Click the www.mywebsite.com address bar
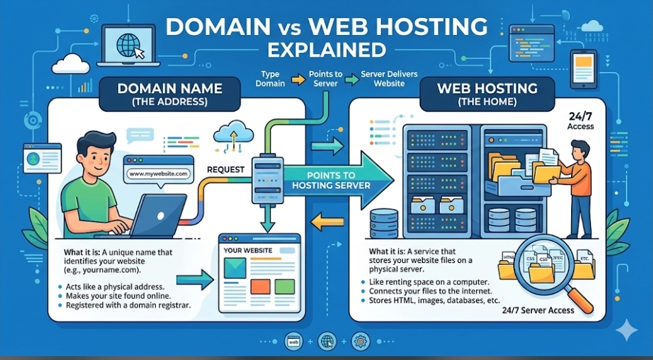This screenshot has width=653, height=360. pyautogui.click(x=158, y=174)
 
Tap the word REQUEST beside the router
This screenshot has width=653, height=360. pyautogui.click(x=226, y=170)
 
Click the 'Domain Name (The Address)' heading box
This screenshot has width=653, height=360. pyautogui.click(x=170, y=94)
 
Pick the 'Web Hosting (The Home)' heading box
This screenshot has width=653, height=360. pyautogui.click(x=487, y=94)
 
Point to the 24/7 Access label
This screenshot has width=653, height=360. pyautogui.click(x=580, y=121)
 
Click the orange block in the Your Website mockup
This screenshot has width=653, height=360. pyautogui.click(x=260, y=287)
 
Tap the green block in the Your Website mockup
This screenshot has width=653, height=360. pyautogui.click(x=285, y=287)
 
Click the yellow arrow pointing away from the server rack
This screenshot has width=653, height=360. pyautogui.click(x=327, y=221)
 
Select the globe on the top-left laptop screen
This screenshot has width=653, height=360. pyautogui.click(x=128, y=45)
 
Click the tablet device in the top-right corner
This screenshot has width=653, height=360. pyautogui.click(x=584, y=69)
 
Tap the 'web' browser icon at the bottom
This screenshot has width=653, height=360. pyautogui.click(x=294, y=342)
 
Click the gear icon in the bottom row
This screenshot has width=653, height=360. pyautogui.click(x=361, y=342)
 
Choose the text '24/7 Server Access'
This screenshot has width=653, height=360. pyautogui.click(x=538, y=310)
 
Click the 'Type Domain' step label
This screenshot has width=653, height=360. pyautogui.click(x=270, y=79)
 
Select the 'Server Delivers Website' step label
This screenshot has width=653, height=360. pyautogui.click(x=389, y=79)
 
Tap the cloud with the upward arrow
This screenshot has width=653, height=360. pyautogui.click(x=233, y=133)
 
